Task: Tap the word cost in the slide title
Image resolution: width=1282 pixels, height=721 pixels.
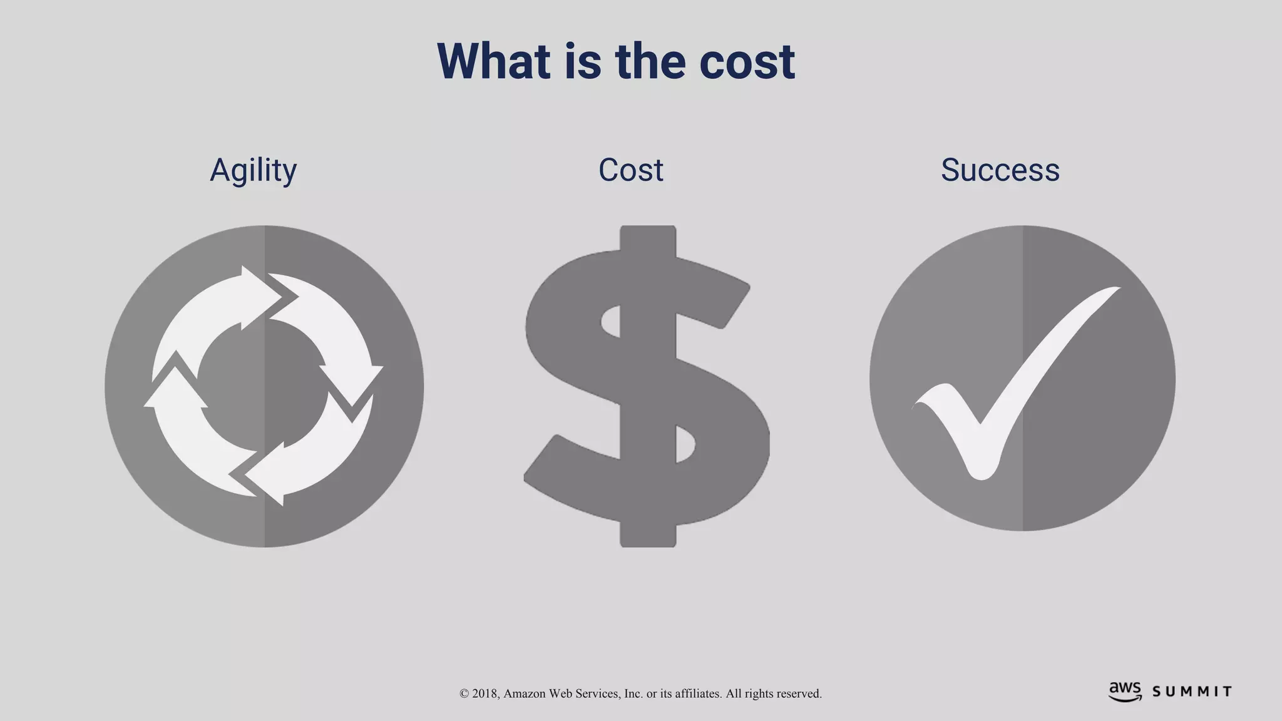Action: (747, 61)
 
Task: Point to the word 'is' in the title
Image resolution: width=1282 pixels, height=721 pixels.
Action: (582, 61)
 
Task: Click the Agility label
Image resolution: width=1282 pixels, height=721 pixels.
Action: (253, 170)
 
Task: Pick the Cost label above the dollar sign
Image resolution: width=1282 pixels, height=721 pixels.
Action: (630, 170)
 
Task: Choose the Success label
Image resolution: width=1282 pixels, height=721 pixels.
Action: (1000, 170)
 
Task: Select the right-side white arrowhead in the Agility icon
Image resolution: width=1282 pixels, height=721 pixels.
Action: (357, 382)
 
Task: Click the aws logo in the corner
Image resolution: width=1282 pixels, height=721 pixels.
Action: (1125, 692)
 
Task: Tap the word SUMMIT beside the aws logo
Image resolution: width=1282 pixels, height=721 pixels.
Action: (1192, 692)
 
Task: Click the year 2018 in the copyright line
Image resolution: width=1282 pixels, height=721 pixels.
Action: (485, 693)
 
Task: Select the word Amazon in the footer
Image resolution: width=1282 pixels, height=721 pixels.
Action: (525, 693)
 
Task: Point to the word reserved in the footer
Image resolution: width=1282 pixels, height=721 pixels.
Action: (799, 693)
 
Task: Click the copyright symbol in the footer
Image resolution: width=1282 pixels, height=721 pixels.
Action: (464, 693)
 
